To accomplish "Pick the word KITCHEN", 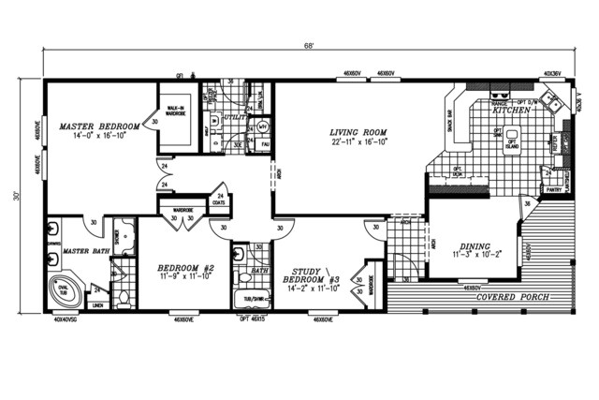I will [x=512, y=111].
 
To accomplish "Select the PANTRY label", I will [x=553, y=188].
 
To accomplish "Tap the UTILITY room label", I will [x=235, y=119].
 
